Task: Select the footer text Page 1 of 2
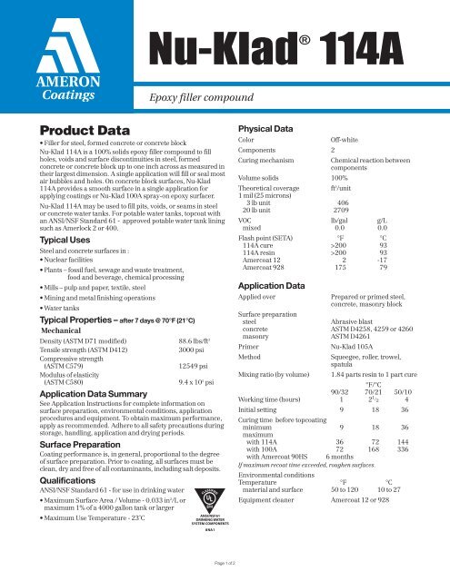click(225, 566)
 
